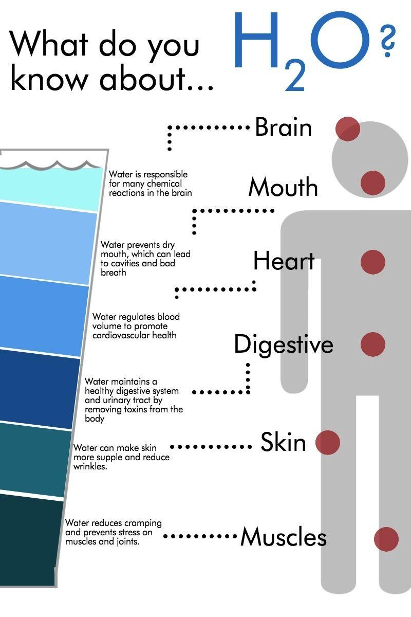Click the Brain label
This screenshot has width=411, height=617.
click(283, 128)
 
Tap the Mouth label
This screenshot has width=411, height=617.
click(283, 187)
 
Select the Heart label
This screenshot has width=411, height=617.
click(284, 261)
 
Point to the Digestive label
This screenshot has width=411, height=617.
click(284, 344)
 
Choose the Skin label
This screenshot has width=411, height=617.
click(283, 442)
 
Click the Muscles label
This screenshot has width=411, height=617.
click(284, 537)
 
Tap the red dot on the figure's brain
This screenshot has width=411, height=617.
click(347, 129)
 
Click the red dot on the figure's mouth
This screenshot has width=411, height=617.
click(372, 183)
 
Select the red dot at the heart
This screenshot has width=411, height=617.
click(372, 262)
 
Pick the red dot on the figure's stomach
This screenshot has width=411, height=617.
click(372, 344)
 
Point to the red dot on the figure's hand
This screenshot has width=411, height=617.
click(327, 442)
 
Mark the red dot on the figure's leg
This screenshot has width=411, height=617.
click(386, 539)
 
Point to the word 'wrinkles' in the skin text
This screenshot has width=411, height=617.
click(90, 466)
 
